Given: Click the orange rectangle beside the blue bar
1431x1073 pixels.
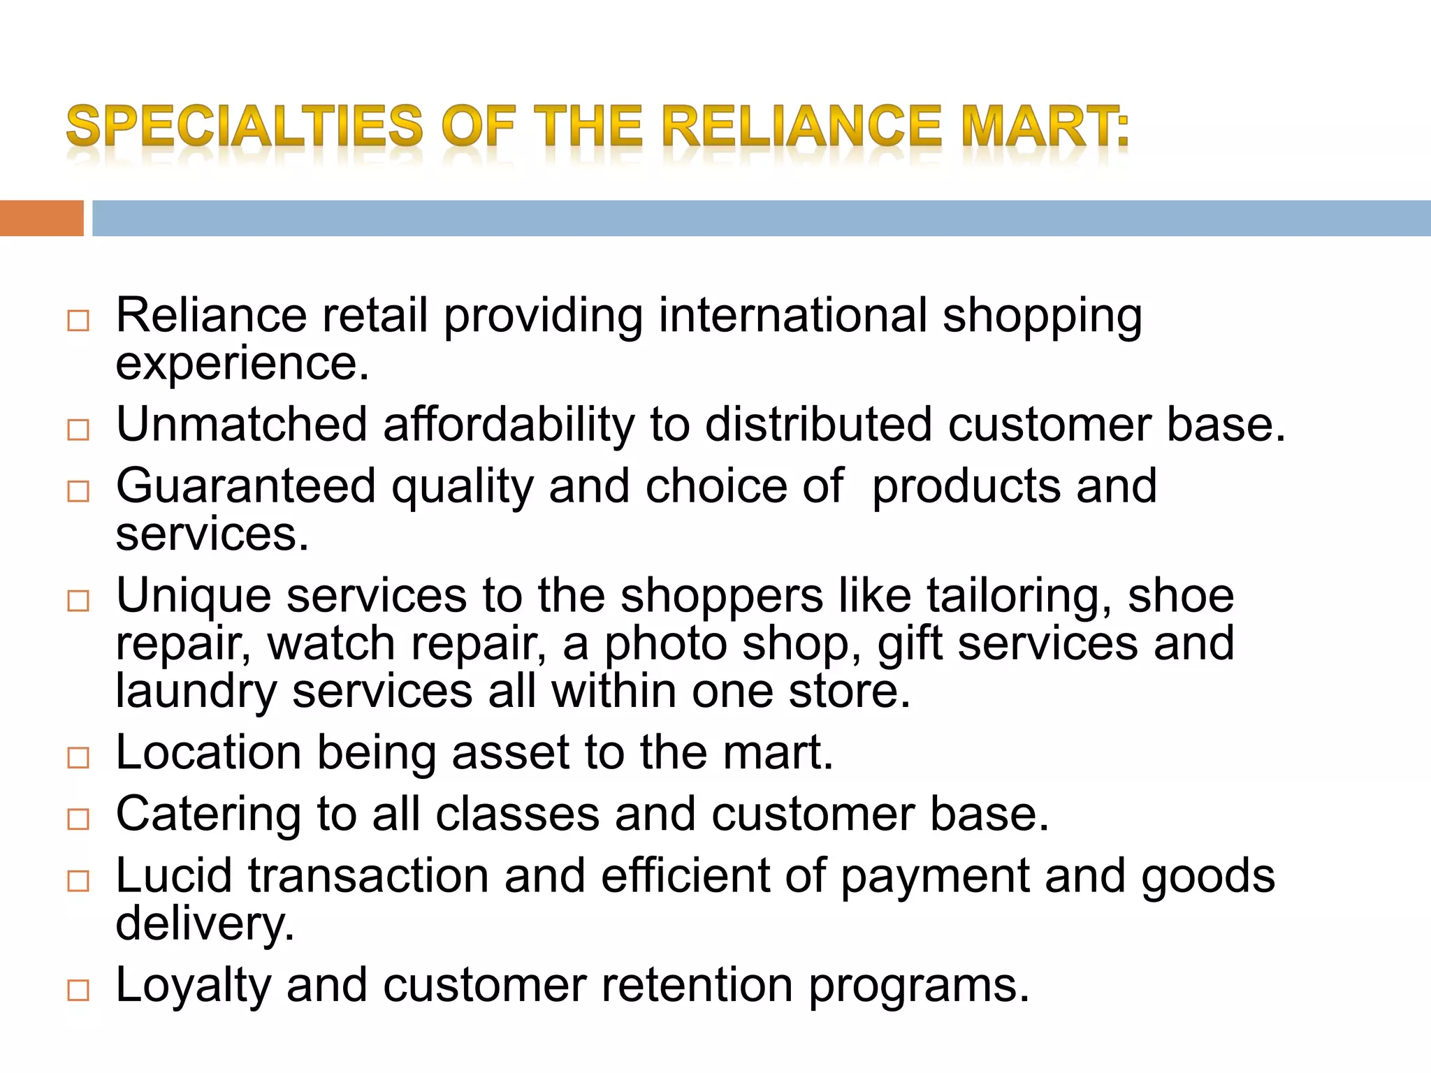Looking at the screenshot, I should [x=41, y=218].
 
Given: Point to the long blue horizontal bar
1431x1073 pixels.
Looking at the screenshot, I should [x=761, y=218].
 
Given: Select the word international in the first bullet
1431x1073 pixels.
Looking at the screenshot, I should [x=792, y=315].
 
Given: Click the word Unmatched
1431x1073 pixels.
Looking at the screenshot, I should [x=242, y=425].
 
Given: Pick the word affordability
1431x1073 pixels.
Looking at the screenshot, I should [x=509, y=425].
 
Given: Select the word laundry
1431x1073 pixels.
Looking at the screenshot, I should [x=196, y=692].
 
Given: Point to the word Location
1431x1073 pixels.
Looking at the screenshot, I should [x=209, y=753].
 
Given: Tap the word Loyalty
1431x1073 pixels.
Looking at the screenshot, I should [x=193, y=986].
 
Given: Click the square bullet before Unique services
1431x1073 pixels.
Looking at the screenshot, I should [x=78, y=600].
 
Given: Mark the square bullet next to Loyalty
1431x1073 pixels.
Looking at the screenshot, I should [x=78, y=990].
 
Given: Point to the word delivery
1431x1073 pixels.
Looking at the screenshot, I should [x=205, y=924].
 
